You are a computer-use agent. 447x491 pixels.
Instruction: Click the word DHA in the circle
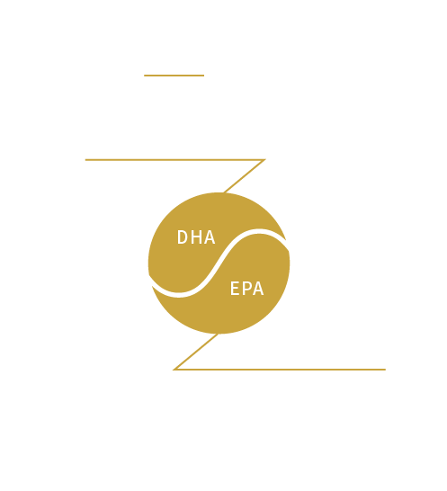pyautogui.click(x=196, y=237)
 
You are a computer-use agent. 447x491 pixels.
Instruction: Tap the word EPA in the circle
pyautogui.click(x=247, y=289)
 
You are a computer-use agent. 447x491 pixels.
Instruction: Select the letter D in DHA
pyautogui.click(x=182, y=237)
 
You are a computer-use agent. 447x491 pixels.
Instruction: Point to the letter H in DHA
pyautogui.click(x=196, y=237)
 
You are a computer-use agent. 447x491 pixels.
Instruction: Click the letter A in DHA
pyautogui.click(x=210, y=237)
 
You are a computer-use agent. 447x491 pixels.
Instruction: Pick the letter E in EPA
pyautogui.click(x=235, y=289)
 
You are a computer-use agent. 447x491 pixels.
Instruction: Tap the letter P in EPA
pyautogui.click(x=246, y=289)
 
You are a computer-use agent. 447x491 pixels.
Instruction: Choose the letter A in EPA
pyautogui.click(x=258, y=289)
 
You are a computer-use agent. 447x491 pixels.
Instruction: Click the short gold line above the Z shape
pyautogui.click(x=174, y=76)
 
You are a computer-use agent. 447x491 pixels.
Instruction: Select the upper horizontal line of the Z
pyautogui.click(x=175, y=160)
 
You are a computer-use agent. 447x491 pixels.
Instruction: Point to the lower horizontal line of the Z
pyautogui.click(x=280, y=370)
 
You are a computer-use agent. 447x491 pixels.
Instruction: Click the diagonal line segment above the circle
pyautogui.click(x=245, y=176)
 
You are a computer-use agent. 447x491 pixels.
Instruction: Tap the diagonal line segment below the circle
pyautogui.click(x=196, y=352)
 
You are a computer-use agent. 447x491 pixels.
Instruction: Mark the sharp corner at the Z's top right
pyautogui.click(x=265, y=160)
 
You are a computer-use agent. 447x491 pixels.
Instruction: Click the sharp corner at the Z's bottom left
pyautogui.click(x=174, y=370)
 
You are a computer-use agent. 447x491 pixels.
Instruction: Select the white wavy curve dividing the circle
pyautogui.click(x=219, y=263)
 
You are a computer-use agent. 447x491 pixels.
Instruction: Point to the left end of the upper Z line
pyautogui.click(x=85, y=160)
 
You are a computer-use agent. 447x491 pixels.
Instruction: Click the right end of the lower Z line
pyautogui.click(x=386, y=370)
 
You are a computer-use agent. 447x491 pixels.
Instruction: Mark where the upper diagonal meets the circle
pyautogui.click(x=224, y=192)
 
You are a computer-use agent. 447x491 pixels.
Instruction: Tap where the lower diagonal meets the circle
pyautogui.click(x=218, y=334)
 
